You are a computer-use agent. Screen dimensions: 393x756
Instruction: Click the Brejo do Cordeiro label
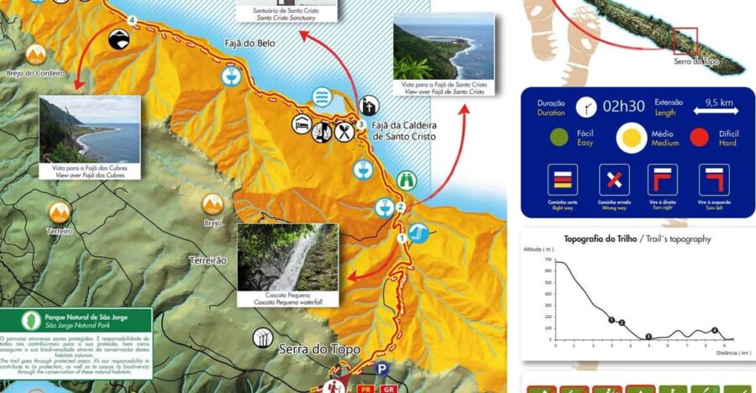click(x=34, y=73)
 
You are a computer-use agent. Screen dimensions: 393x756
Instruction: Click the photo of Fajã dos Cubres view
click(x=89, y=128)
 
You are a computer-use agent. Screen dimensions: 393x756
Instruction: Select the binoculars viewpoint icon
click(x=404, y=179)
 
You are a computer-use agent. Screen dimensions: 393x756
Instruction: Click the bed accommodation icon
click(x=301, y=124)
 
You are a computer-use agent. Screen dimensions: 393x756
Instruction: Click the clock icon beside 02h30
click(x=586, y=107)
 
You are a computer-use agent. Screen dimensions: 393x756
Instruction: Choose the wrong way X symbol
click(x=613, y=180)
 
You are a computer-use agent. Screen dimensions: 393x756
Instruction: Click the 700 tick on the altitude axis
click(x=547, y=260)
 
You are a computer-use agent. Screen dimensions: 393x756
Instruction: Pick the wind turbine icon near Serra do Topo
click(x=263, y=338)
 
